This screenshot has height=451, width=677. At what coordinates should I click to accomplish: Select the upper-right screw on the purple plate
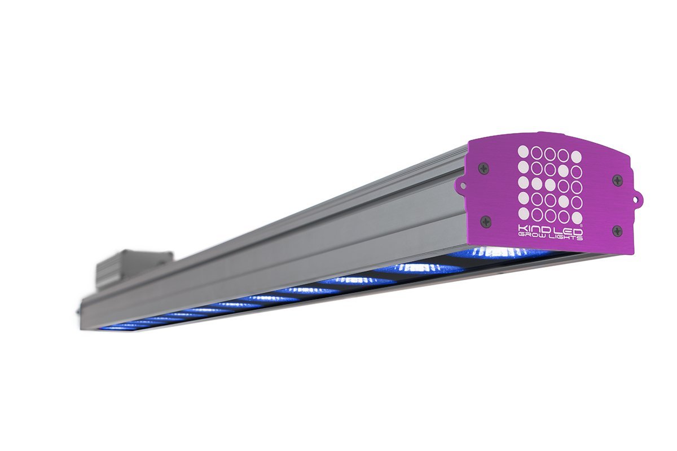617,180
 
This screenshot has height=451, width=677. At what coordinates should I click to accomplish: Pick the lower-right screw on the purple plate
617,231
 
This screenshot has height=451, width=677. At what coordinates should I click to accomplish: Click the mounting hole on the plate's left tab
462,187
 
